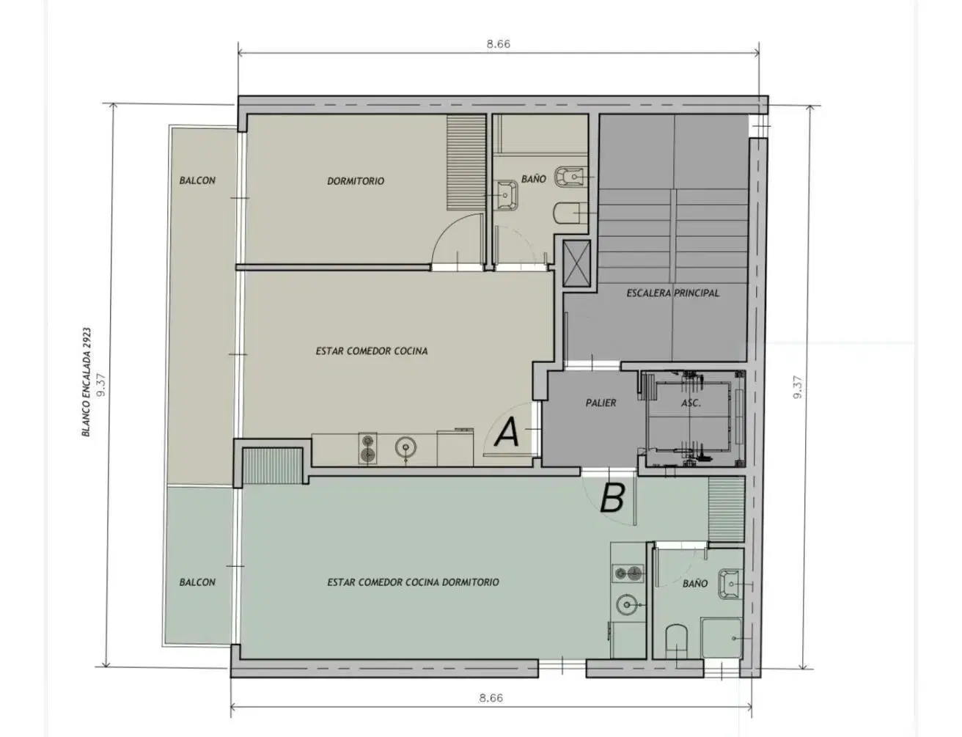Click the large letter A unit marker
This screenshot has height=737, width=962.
pyautogui.click(x=507, y=432)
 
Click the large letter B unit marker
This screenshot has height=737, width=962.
pyautogui.click(x=612, y=498)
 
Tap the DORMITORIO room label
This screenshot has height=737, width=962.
pyautogui.click(x=356, y=181)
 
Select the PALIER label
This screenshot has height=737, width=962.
pyautogui.click(x=601, y=403)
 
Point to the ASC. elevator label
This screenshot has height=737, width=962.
pyautogui.click(x=691, y=403)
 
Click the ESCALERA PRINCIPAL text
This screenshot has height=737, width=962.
pyautogui.click(x=673, y=293)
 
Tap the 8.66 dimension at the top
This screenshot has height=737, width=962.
pyautogui.click(x=499, y=44)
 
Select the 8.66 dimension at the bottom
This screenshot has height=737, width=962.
pyautogui.click(x=491, y=698)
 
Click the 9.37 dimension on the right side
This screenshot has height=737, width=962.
pyautogui.click(x=797, y=387)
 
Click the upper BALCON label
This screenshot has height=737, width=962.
pyautogui.click(x=197, y=180)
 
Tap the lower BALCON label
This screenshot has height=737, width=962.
pyautogui.click(x=197, y=582)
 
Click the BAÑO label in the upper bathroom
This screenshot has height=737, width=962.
pyautogui.click(x=534, y=179)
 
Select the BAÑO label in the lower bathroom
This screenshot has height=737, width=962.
pyautogui.click(x=695, y=584)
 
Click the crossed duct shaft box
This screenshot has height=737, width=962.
pyautogui.click(x=576, y=263)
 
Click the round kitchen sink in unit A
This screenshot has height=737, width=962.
pyautogui.click(x=405, y=447)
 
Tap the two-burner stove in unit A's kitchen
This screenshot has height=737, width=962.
pyautogui.click(x=367, y=448)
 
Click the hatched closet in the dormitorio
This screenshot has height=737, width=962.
pyautogui.click(x=466, y=163)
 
